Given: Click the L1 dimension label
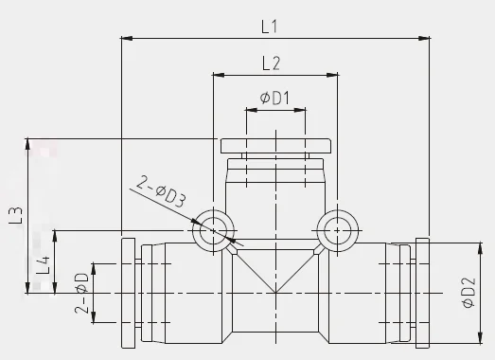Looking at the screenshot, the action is [270, 27].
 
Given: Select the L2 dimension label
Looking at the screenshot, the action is [272, 63].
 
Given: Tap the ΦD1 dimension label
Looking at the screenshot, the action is [274, 98].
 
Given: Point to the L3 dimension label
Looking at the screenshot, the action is [16, 215].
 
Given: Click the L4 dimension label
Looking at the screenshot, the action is [43, 265].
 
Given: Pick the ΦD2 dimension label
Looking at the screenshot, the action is [468, 293].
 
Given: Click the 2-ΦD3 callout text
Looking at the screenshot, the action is [161, 191].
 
